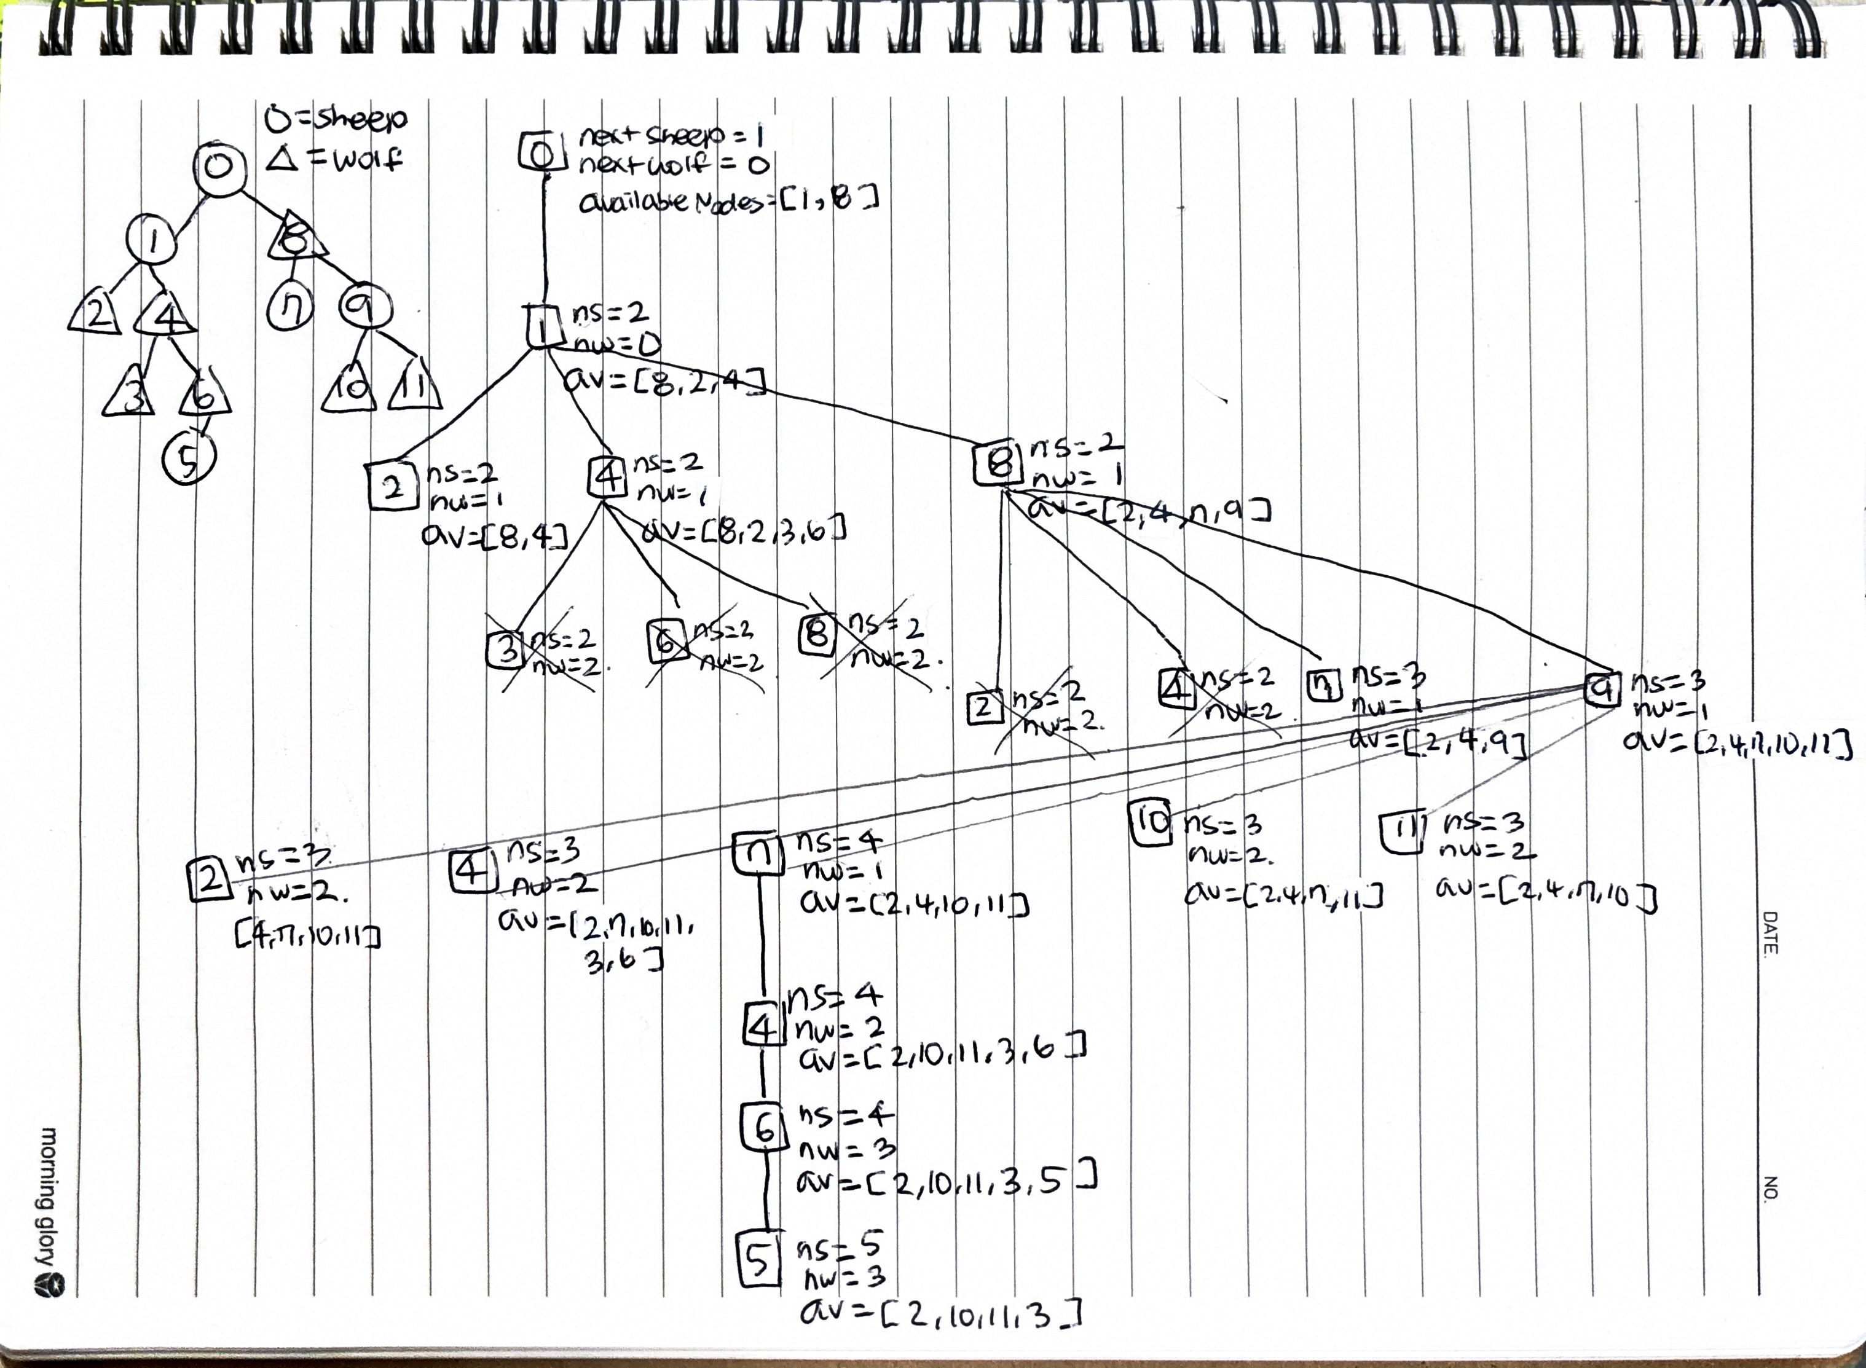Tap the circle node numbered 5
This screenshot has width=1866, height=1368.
(x=189, y=458)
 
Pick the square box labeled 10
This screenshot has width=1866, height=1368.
(x=1151, y=824)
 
